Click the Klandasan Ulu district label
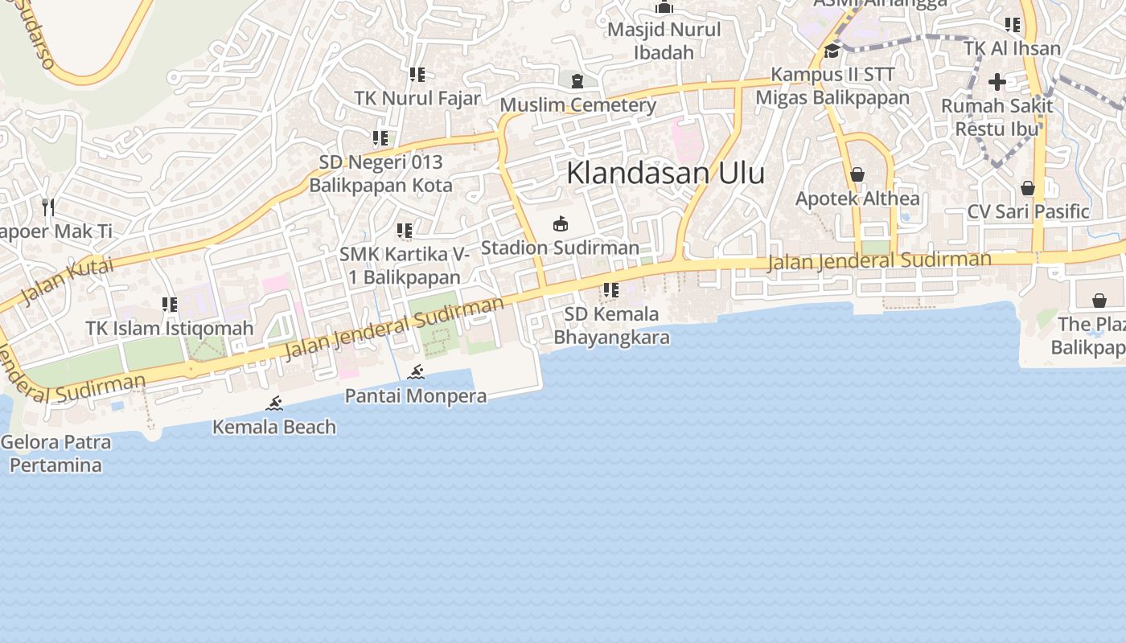[665, 173]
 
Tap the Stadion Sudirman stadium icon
[561, 224]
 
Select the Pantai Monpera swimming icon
[416, 372]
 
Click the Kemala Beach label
[274, 427]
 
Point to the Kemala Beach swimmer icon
[274, 403]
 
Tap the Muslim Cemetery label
[578, 105]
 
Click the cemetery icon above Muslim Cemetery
[577, 80]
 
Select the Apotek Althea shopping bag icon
[857, 174]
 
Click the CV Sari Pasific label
[1028, 211]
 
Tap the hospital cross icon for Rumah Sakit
[997, 81]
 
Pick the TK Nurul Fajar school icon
[417, 75]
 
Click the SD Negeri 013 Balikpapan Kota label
[381, 174]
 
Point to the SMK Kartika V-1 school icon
[405, 231]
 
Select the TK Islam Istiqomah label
[170, 329]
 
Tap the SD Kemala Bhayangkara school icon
[610, 290]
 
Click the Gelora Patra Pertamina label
[56, 453]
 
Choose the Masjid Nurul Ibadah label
[664, 41]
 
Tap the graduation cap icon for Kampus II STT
[832, 51]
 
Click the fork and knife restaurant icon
[48, 207]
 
